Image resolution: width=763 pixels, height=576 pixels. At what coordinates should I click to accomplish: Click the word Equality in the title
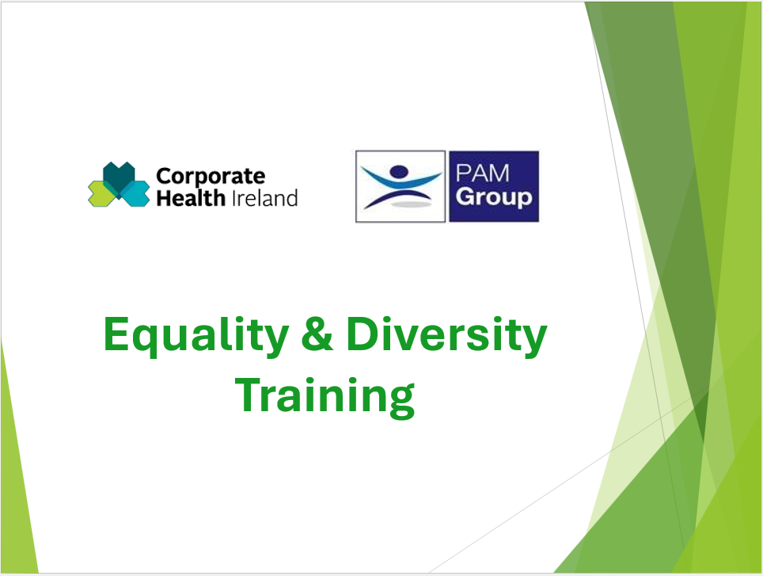click(x=196, y=336)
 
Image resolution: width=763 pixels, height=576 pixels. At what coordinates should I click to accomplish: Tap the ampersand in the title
click(x=317, y=334)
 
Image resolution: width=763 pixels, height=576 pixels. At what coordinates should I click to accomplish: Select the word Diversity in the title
click(x=446, y=336)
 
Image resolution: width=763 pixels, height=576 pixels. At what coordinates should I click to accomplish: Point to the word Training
click(x=325, y=397)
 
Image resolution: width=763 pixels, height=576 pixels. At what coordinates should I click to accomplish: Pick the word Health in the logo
click(x=191, y=198)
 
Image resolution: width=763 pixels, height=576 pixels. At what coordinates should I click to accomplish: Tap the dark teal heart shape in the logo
click(x=119, y=177)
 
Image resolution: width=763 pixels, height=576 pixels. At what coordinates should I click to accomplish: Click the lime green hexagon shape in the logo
click(x=101, y=194)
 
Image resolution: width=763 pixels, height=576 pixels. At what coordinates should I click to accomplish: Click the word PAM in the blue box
click(x=482, y=174)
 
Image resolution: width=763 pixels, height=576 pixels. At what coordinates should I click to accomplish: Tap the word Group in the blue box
click(x=494, y=197)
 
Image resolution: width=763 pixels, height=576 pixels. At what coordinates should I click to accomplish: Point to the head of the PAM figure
click(x=399, y=171)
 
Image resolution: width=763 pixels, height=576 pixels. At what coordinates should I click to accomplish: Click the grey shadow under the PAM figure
click(x=412, y=204)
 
